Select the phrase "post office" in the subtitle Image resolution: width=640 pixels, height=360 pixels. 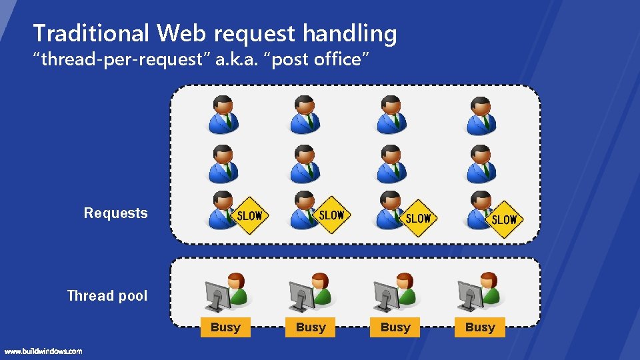pyautogui.click(x=313, y=59)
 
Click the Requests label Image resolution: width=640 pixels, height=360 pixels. pyautogui.click(x=115, y=213)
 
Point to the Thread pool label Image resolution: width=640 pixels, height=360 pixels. pyautogui.click(x=107, y=296)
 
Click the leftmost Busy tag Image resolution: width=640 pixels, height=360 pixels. pyautogui.click(x=225, y=327)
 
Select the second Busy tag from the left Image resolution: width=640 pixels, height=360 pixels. pyautogui.click(x=311, y=327)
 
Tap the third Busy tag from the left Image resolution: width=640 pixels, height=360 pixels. pyautogui.click(x=395, y=327)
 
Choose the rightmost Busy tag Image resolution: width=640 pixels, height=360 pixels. pyautogui.click(x=480, y=327)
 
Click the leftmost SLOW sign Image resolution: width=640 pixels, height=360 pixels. pyautogui.click(x=250, y=216)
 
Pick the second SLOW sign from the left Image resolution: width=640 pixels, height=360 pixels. pyautogui.click(x=331, y=215)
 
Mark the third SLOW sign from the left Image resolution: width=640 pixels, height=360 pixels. pyautogui.click(x=418, y=218)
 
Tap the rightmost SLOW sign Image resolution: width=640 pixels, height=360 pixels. pyautogui.click(x=504, y=219)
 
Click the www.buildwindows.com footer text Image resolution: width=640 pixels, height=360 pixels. pyautogui.click(x=43, y=351)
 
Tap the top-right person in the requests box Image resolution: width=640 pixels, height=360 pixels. pyautogui.click(x=481, y=115)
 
